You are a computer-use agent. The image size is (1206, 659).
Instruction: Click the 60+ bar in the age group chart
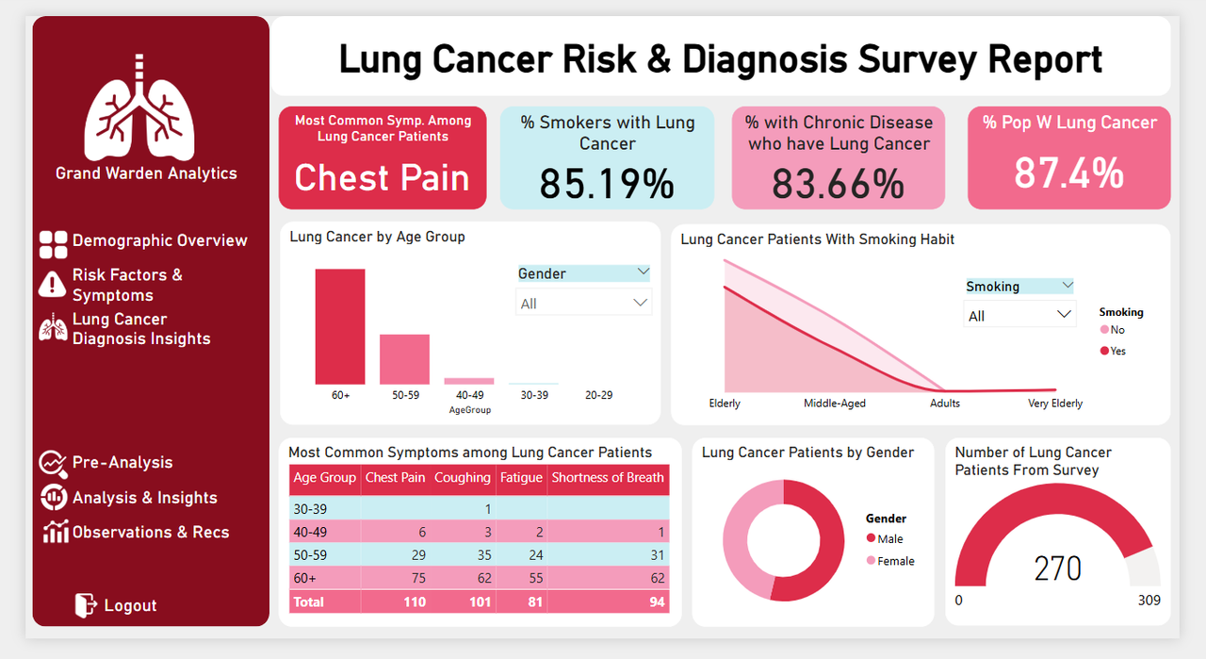(340, 326)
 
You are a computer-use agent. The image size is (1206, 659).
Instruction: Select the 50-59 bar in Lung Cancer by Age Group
(405, 359)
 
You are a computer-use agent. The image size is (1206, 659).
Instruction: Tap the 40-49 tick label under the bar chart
(469, 395)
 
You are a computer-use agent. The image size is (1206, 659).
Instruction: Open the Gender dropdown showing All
(584, 304)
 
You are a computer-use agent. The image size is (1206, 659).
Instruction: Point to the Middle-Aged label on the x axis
(834, 404)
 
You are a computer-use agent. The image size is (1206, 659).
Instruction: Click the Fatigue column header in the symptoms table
(521, 478)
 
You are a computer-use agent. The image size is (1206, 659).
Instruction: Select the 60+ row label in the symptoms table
(306, 578)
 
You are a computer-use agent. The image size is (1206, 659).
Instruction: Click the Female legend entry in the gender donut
(895, 561)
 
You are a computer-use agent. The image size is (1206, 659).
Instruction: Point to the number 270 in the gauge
(1057, 569)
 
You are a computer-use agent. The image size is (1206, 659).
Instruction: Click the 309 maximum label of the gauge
(1149, 601)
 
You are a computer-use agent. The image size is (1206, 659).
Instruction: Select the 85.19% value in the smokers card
(607, 184)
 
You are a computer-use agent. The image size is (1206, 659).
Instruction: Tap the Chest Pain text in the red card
(382, 178)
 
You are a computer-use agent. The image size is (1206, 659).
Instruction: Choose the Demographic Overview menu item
(159, 240)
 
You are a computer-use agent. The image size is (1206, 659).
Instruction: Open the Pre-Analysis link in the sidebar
(122, 463)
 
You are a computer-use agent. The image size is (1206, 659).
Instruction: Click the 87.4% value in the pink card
(1068, 173)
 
